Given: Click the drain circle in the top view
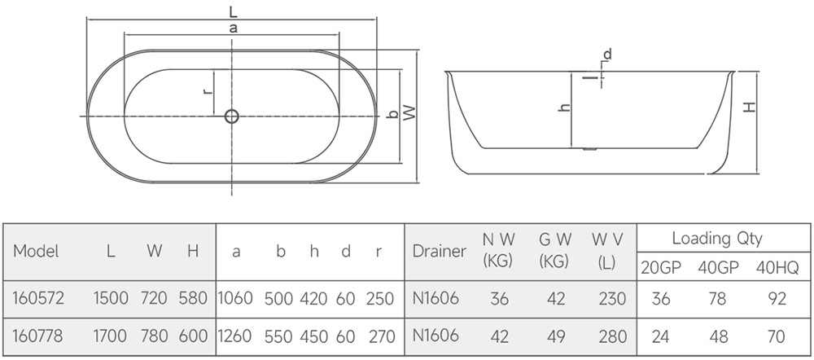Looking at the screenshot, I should (231, 116).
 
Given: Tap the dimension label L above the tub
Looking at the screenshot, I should (233, 11).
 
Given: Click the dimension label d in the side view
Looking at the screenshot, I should (607, 55).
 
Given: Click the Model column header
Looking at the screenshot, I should (37, 252).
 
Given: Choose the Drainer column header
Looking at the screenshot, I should (440, 252).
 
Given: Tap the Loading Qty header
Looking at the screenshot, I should (716, 239).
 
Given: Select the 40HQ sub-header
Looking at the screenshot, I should (778, 266).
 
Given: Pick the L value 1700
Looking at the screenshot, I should (111, 336).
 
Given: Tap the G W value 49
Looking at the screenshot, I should (555, 336).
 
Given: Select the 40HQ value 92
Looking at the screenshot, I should (778, 299).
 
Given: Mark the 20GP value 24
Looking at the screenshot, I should (661, 336).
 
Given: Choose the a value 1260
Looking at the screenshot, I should (236, 336).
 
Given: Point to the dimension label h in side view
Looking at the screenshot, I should (563, 107).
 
